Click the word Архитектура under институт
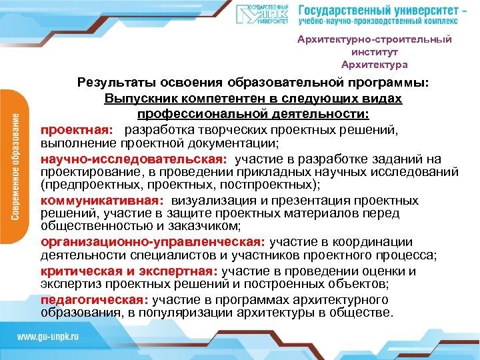(x=374, y=65)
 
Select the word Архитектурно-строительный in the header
(x=374, y=39)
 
